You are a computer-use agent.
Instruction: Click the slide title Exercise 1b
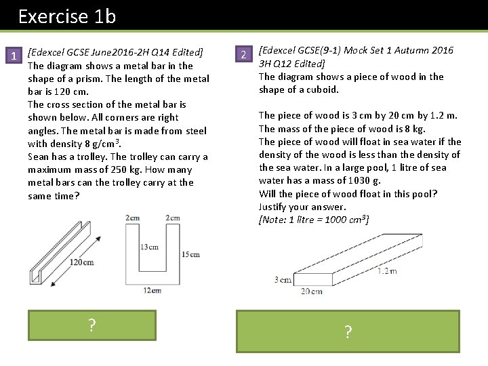67,16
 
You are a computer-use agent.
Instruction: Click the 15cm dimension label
190,254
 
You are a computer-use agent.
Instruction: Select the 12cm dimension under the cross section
152,290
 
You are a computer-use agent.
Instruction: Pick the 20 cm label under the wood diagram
311,291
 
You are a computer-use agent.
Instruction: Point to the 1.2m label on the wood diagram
387,270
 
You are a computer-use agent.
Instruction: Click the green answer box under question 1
91,325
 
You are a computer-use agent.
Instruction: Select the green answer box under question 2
348,331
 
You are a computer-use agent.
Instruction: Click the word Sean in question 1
39,157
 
